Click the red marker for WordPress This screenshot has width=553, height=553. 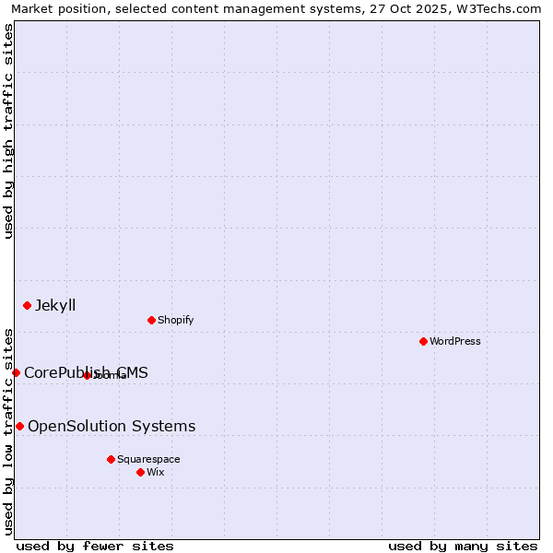[423, 341]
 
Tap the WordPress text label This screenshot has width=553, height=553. [455, 341]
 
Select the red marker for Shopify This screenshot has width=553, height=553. [151, 320]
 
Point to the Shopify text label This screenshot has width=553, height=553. [175, 320]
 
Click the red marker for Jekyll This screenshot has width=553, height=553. [27, 305]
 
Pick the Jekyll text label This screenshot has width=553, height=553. [55, 305]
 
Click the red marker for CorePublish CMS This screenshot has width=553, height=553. [16, 372]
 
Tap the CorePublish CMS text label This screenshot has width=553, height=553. [86, 372]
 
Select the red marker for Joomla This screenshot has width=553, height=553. [87, 375]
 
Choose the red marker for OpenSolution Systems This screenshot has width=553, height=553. [19, 426]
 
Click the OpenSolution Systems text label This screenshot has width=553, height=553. [112, 426]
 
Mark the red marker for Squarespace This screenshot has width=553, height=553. [111, 459]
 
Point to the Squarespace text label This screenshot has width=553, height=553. [148, 459]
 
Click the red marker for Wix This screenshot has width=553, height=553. [140, 472]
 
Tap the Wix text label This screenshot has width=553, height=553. [156, 472]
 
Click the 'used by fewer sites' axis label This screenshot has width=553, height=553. [95, 546]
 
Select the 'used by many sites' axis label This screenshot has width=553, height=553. [463, 546]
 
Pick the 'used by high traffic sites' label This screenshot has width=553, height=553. [8, 131]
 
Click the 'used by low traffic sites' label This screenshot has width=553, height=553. [8, 430]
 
